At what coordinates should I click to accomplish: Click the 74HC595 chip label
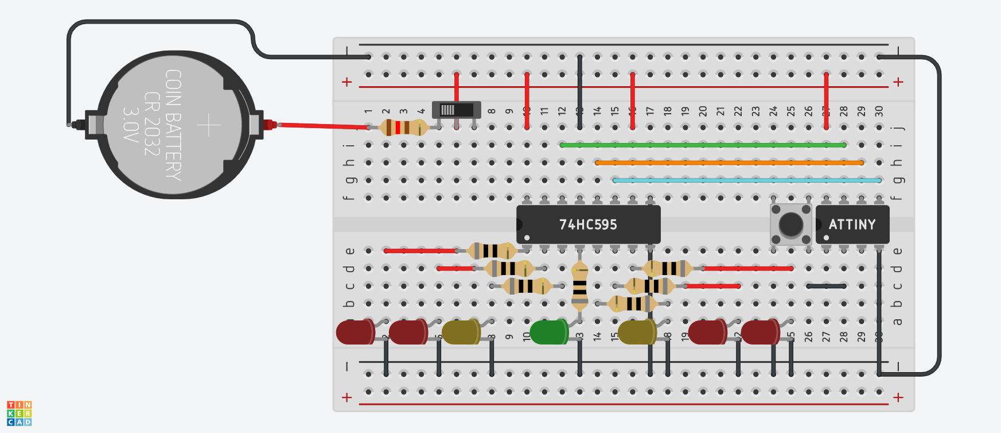pyautogui.click(x=588, y=225)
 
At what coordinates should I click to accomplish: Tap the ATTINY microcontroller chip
pyautogui.click(x=852, y=225)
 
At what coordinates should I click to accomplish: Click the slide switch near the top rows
pyautogui.click(x=456, y=110)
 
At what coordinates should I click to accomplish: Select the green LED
pyautogui.click(x=548, y=333)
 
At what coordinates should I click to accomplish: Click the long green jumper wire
pyautogui.click(x=703, y=145)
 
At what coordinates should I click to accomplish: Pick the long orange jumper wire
pyautogui.click(x=729, y=163)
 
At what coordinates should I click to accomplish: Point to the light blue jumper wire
pyautogui.click(x=746, y=180)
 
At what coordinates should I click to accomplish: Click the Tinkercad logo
pyautogui.click(x=19, y=413)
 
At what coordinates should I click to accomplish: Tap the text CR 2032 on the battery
pyautogui.click(x=152, y=124)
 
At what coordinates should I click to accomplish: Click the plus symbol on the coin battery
pyautogui.click(x=209, y=125)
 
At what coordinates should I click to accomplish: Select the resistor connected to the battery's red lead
pyautogui.click(x=404, y=127)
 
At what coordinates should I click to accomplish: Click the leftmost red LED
pyautogui.click(x=355, y=333)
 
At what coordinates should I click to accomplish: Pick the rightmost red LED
pyautogui.click(x=759, y=333)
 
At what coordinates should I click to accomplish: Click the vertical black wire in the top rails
pyautogui.click(x=580, y=92)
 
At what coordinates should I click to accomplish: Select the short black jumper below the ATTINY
pyautogui.click(x=826, y=286)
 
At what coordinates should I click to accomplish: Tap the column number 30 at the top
pyautogui.click(x=879, y=110)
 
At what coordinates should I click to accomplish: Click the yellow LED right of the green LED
pyautogui.click(x=637, y=333)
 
